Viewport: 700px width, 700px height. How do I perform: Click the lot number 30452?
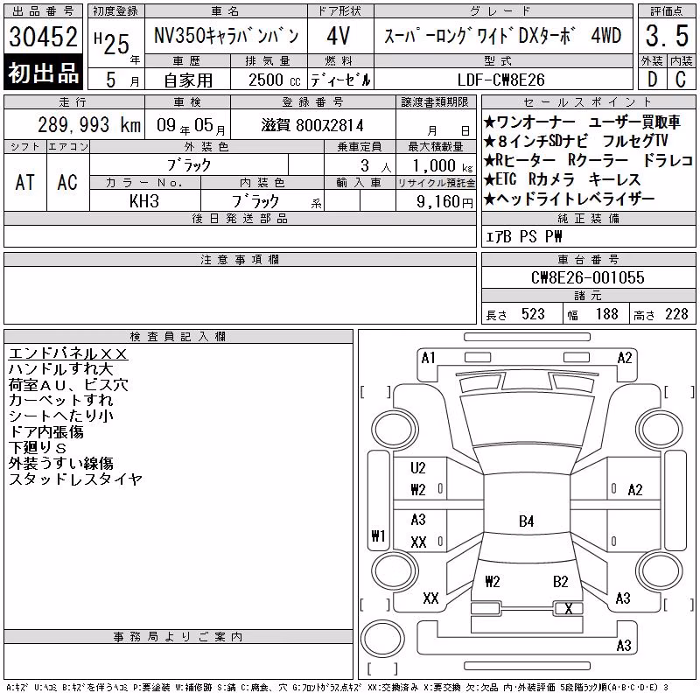pos(43,36)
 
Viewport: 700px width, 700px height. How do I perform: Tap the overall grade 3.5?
pos(667,36)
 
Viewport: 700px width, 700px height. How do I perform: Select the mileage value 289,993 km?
pos(89,124)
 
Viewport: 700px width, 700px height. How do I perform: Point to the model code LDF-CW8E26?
pos(500,80)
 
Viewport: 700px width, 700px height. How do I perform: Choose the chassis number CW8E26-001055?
pos(587,277)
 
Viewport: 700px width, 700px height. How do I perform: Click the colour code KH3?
pos(144,201)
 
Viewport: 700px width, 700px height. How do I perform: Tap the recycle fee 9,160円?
pos(444,202)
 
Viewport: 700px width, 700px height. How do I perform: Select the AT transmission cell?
pos(25,182)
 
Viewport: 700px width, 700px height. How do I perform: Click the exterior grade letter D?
pos(653,80)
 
